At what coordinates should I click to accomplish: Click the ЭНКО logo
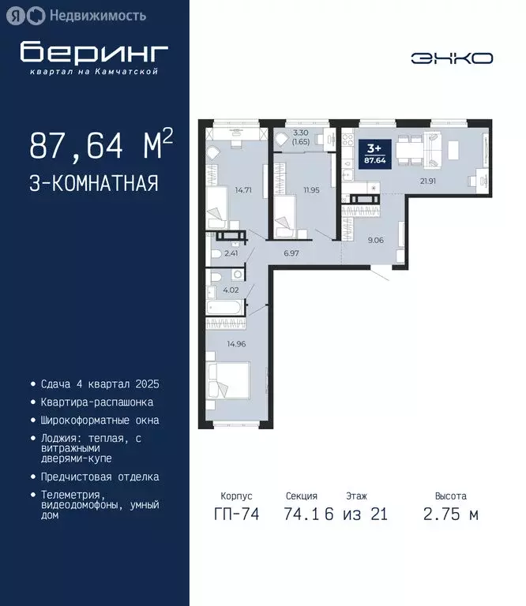tap(452, 58)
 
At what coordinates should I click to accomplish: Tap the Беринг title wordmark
tap(94, 52)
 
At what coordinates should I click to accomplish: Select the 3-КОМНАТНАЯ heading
tap(93, 184)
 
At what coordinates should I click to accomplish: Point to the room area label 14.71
tap(242, 190)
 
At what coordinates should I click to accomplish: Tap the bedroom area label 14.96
tap(236, 344)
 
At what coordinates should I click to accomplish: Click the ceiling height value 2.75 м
tap(450, 514)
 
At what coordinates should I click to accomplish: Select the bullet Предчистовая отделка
tap(100, 477)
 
